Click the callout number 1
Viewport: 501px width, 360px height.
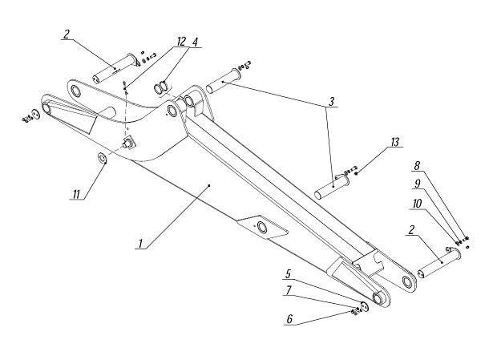pyautogui.click(x=140, y=244)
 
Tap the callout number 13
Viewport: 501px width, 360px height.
pyautogui.click(x=395, y=142)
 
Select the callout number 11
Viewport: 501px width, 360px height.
pyautogui.click(x=76, y=194)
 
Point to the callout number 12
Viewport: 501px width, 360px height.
pyautogui.click(x=181, y=42)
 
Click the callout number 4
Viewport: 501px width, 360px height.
pyautogui.click(x=195, y=42)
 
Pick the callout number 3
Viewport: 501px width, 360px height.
pyautogui.click(x=332, y=102)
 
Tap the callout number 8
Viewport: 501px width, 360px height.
pyautogui.click(x=417, y=166)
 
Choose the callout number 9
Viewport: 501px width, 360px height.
pyautogui.click(x=418, y=184)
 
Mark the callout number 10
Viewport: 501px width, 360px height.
pyautogui.click(x=417, y=204)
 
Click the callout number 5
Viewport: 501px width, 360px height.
pyautogui.click(x=289, y=274)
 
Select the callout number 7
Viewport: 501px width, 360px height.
pyautogui.click(x=289, y=290)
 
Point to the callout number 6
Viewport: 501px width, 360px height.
pyautogui.click(x=289, y=319)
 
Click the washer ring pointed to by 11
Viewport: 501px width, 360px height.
pyautogui.click(x=102, y=157)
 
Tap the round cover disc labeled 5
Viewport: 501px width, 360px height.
pyautogui.click(x=364, y=306)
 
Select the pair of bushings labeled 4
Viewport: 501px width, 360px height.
pyautogui.click(x=161, y=87)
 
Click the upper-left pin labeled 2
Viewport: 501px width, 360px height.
pyautogui.click(x=115, y=68)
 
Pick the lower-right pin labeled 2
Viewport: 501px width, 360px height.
pyautogui.click(x=439, y=263)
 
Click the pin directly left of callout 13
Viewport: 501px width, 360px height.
pyautogui.click(x=332, y=186)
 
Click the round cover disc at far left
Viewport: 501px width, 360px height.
pyautogui.click(x=35, y=114)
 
